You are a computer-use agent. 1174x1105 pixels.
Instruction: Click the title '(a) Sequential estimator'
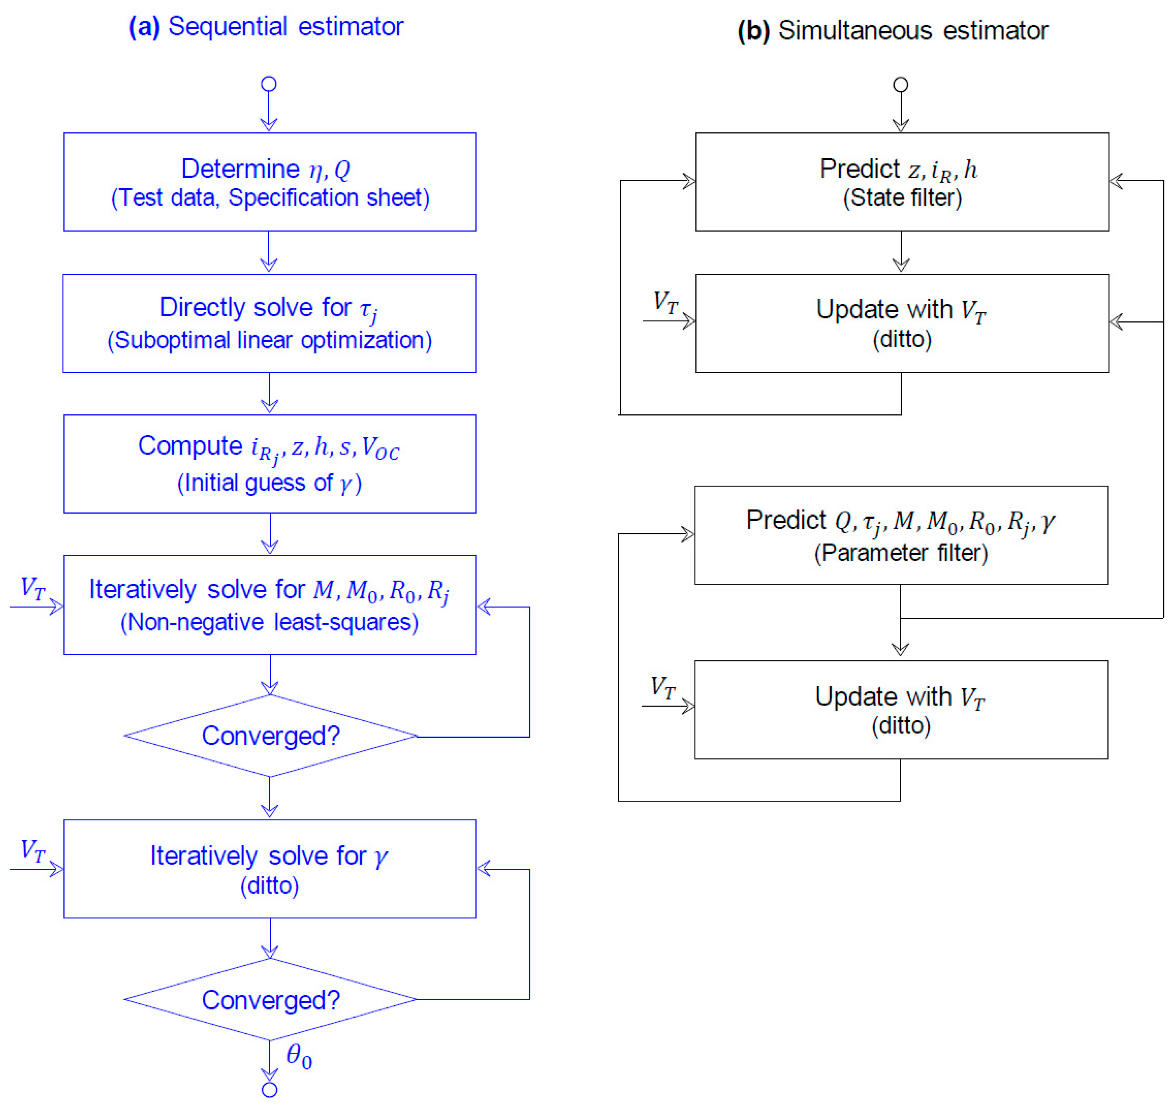[266, 27]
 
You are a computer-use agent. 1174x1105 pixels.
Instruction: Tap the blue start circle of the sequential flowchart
[269, 84]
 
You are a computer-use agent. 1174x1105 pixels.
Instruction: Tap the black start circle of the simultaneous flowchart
[901, 85]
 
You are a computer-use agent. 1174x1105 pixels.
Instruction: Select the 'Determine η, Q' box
[270, 182]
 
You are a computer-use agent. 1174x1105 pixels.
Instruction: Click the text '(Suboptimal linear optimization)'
[270, 341]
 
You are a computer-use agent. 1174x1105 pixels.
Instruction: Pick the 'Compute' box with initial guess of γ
[270, 464]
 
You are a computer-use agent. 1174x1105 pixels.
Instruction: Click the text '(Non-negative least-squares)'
[270, 622]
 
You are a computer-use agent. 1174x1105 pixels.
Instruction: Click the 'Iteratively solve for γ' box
[270, 869]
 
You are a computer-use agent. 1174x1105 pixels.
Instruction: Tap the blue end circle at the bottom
[269, 1089]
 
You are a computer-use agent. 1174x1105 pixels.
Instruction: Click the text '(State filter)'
[902, 197]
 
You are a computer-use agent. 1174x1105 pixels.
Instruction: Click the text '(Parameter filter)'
[901, 553]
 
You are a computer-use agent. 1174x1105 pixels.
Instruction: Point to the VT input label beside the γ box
[33, 851]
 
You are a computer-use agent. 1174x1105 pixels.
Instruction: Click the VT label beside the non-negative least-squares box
[33, 589]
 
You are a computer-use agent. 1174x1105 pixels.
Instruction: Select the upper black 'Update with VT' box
[902, 323]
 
